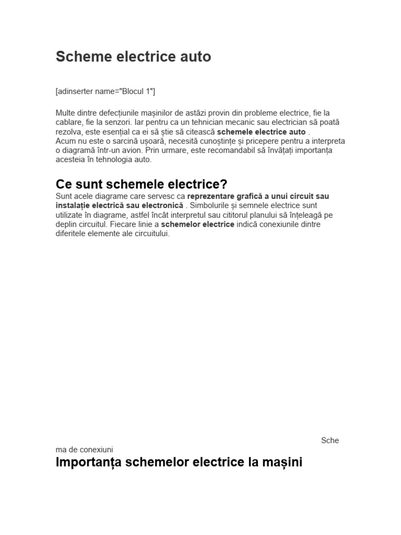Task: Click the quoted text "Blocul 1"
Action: (x=137, y=91)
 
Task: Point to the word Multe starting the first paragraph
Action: (x=65, y=113)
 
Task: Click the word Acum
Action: (x=65, y=141)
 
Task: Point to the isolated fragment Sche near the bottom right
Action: (x=330, y=440)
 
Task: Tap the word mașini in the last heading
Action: (x=285, y=462)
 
